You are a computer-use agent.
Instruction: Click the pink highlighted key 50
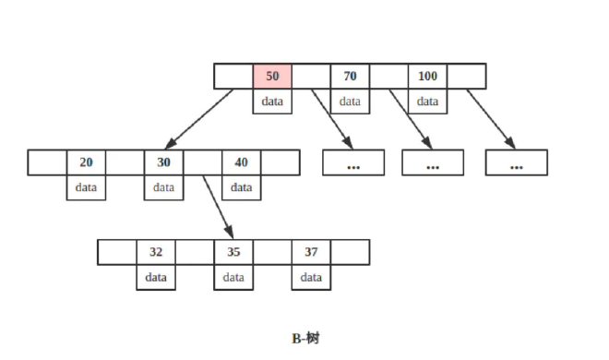coord(272,77)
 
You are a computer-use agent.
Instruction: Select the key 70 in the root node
coord(350,77)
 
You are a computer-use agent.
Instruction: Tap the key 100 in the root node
coord(427,77)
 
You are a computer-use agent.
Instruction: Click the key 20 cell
coord(86,162)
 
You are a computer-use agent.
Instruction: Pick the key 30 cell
coord(163,162)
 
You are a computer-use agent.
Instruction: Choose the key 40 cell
coord(241,162)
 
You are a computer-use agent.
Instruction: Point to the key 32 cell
coord(156,252)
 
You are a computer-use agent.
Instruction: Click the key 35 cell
coord(233,252)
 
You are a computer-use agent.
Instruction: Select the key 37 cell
coord(311,252)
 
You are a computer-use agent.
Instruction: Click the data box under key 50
coord(272,102)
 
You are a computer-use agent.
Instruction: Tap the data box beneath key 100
coord(427,102)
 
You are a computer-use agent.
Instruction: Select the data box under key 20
coord(86,187)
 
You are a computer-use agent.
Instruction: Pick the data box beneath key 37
coord(311,277)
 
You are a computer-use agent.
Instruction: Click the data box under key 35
coord(233,277)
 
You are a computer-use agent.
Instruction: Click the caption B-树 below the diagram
coord(305,339)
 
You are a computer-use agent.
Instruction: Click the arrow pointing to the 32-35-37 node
coord(218,205)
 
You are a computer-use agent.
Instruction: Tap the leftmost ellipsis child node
coord(352,162)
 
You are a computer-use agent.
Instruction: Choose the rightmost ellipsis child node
coord(516,162)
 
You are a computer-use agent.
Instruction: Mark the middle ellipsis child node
coord(433,162)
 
